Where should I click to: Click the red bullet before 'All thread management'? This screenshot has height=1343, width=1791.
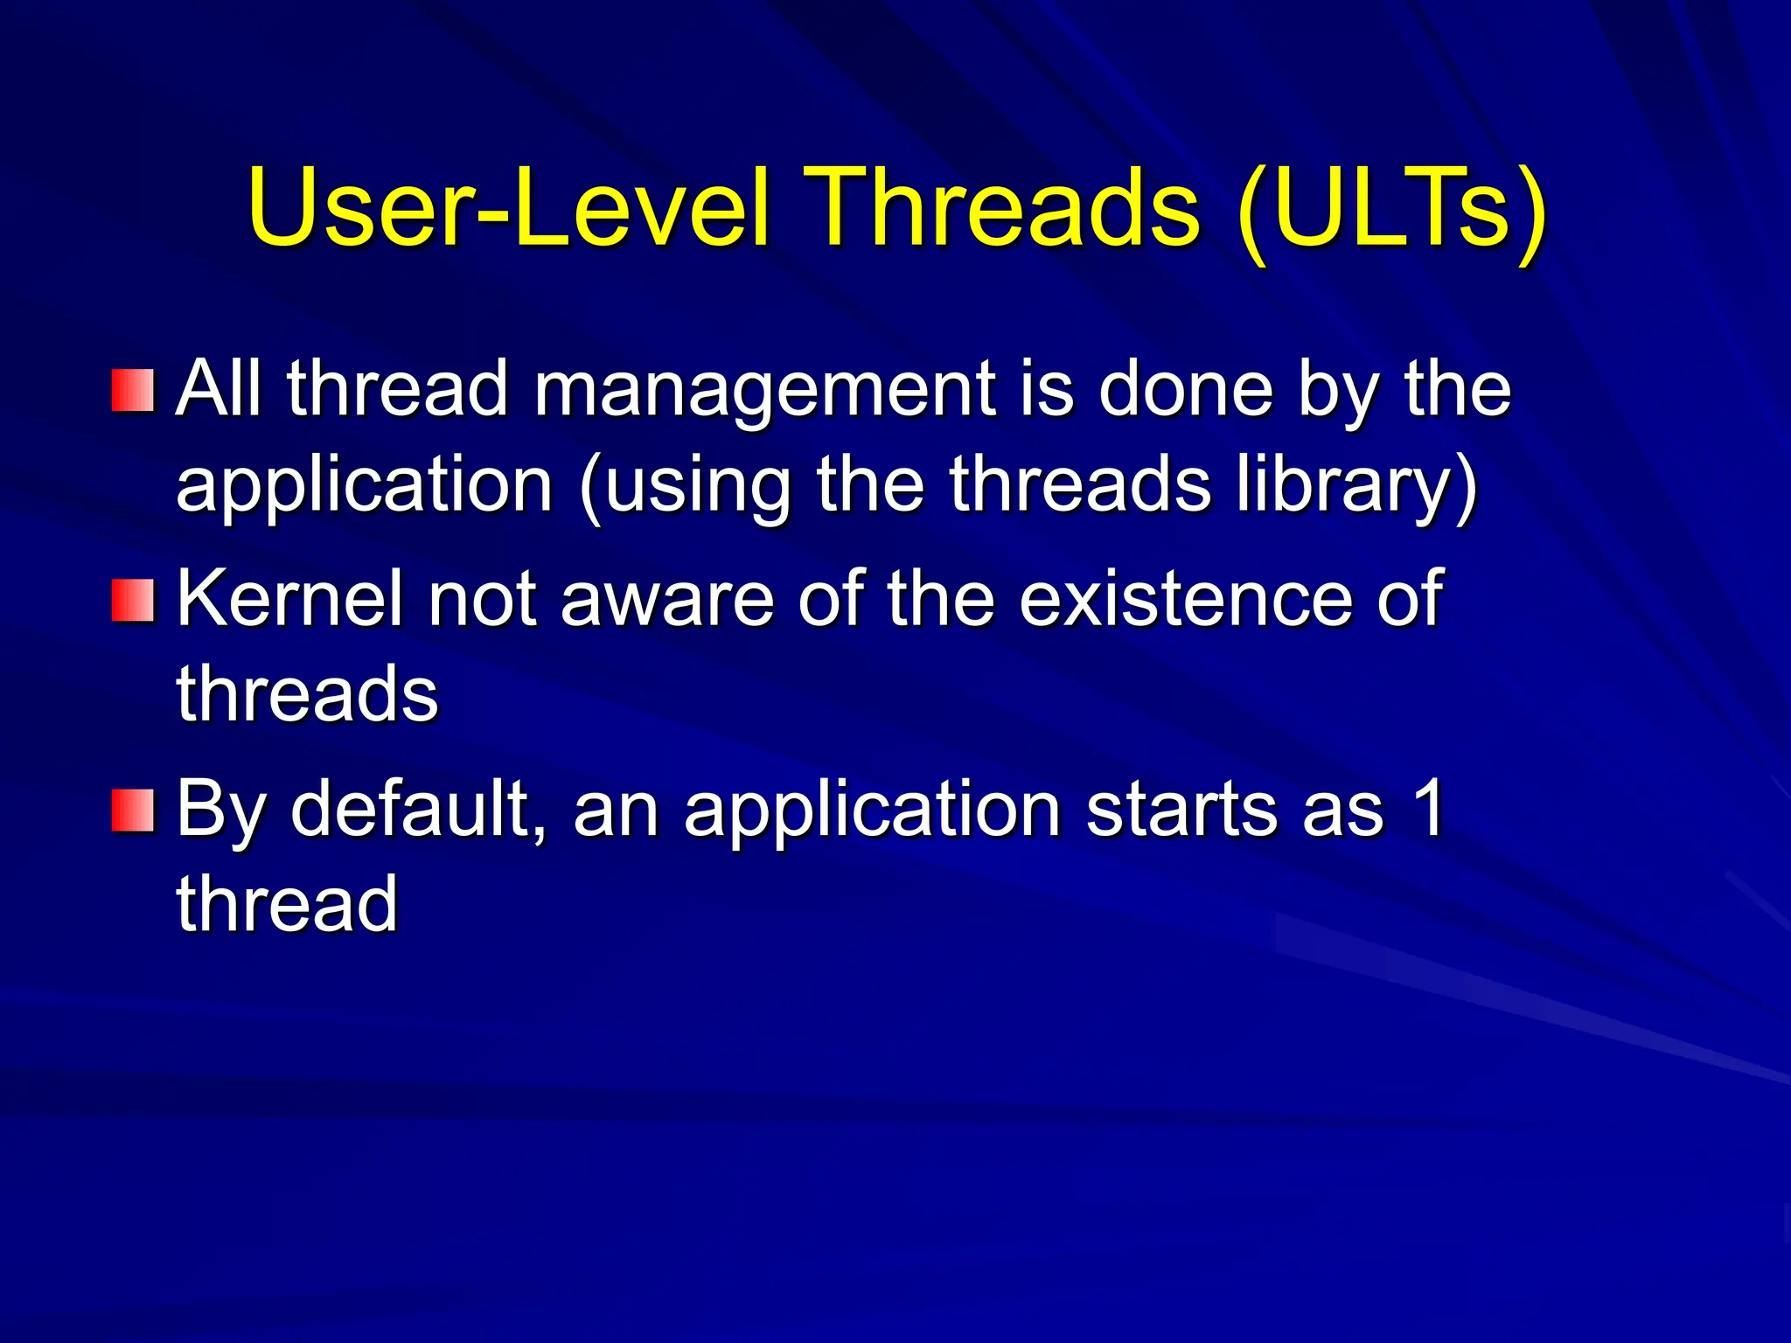(x=133, y=390)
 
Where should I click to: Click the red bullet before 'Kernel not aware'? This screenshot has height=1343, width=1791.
(x=133, y=601)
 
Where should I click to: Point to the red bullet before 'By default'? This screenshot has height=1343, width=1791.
(x=133, y=811)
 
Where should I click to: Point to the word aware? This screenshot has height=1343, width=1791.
(x=666, y=599)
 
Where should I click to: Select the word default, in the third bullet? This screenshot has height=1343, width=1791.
(x=419, y=809)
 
